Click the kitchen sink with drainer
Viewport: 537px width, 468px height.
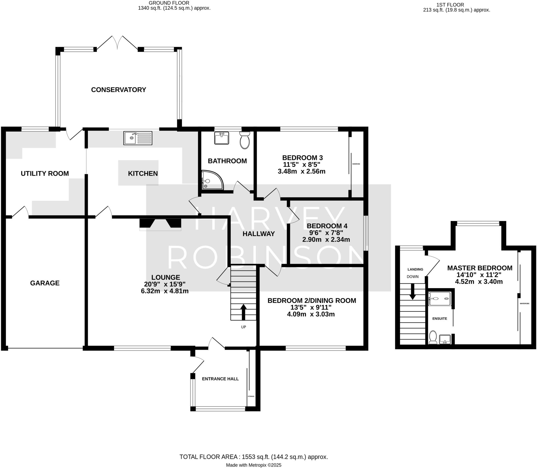tap(138, 138)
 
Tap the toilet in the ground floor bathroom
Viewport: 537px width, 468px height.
tap(245, 140)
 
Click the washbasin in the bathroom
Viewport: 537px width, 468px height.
tap(222, 138)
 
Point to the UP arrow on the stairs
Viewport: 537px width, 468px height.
tap(244, 312)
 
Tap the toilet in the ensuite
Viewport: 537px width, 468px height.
tap(433, 337)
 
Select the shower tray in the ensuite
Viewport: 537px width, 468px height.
tap(439, 299)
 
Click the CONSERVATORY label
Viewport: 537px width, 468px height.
tap(119, 90)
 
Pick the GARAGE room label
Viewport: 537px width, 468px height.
tap(45, 283)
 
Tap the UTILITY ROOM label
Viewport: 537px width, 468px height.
tap(45, 174)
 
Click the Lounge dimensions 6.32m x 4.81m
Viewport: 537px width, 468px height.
tap(165, 291)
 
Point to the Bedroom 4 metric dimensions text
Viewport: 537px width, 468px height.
tap(326, 240)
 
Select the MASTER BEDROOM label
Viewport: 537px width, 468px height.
tap(480, 268)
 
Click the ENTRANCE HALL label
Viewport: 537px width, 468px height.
tap(220, 379)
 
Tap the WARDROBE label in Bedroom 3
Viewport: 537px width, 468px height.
tap(356, 164)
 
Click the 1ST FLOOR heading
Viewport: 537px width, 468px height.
tap(450, 5)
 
